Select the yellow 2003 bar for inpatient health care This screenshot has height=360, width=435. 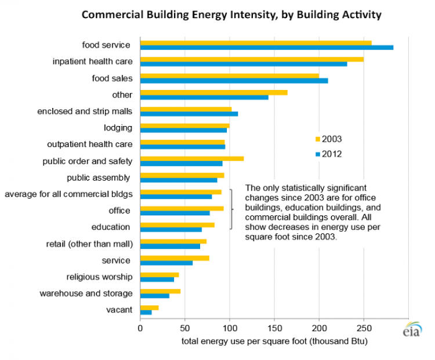(x=252, y=59)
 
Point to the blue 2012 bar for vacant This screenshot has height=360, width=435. (x=146, y=312)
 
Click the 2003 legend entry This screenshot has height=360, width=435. (x=328, y=139)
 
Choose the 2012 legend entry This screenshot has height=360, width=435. (x=328, y=154)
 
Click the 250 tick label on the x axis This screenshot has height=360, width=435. (x=364, y=328)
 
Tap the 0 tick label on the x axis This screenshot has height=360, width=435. (x=140, y=328)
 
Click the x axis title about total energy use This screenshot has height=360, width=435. (x=274, y=341)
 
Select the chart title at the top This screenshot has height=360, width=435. (x=231, y=14)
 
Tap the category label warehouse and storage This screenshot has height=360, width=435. (x=86, y=293)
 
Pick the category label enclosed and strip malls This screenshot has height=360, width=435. (x=85, y=111)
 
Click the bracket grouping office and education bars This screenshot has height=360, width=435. (x=232, y=209)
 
